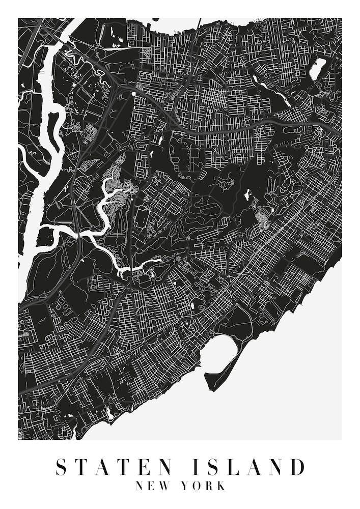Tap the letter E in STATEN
(141, 467)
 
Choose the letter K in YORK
(220, 486)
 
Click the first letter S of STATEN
(61, 467)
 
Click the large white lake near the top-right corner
(317, 69)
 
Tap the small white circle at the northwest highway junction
(134, 93)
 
